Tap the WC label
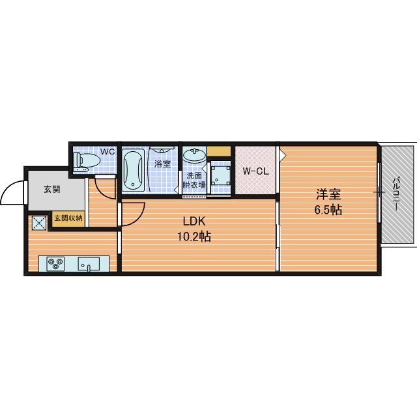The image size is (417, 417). click(x=108, y=152)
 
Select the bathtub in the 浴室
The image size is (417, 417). click(x=133, y=170)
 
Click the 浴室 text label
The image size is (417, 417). click(x=162, y=164)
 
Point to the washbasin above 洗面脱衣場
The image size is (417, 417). click(x=195, y=156)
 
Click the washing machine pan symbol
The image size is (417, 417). click(x=220, y=175)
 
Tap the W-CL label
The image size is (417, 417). click(x=256, y=171)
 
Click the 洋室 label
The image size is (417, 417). click(x=328, y=194)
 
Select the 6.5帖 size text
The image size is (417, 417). click(x=328, y=210)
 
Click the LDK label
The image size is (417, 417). click(x=194, y=221)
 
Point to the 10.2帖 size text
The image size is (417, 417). click(x=194, y=236)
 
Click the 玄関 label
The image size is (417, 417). click(x=52, y=190)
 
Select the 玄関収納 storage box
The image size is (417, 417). click(x=68, y=219)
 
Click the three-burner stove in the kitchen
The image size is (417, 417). click(x=55, y=263)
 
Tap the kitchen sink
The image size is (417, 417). click(x=89, y=263)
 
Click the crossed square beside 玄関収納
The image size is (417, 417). click(x=39, y=223)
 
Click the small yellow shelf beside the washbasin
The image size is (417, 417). click(x=219, y=151)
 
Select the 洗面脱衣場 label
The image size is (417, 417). click(x=194, y=180)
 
